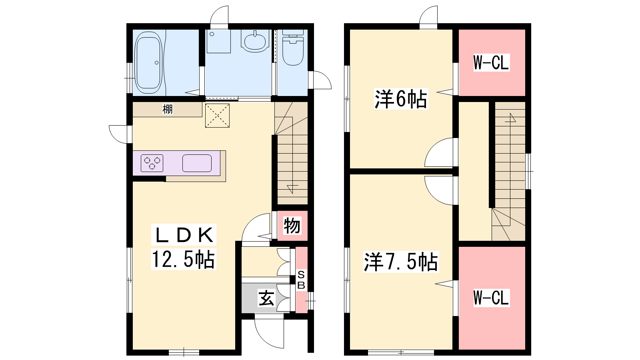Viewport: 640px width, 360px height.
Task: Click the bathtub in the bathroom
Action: [x=148, y=62]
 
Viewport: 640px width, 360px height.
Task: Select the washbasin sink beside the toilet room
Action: [x=255, y=41]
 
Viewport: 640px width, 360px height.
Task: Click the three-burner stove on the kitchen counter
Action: [x=152, y=163]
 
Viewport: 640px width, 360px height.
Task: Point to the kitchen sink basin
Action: [x=197, y=163]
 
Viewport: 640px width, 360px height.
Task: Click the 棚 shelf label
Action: [x=168, y=109]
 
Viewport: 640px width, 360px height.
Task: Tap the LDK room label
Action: [x=184, y=236]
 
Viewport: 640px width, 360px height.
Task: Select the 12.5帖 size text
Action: [x=183, y=259]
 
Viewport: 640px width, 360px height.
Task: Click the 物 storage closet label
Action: [x=292, y=226]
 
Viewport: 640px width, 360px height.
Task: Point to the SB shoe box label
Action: [x=301, y=280]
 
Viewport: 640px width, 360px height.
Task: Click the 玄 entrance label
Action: [x=266, y=298]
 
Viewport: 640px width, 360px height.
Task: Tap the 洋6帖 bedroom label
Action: [x=401, y=99]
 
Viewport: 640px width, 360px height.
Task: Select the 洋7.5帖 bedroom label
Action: [x=401, y=262]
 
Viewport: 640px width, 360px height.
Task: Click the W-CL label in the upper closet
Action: [x=492, y=62]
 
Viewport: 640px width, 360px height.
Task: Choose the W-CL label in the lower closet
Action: [x=492, y=298]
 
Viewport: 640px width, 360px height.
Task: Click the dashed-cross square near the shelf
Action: [x=218, y=116]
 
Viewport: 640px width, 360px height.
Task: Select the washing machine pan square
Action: [x=218, y=41]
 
